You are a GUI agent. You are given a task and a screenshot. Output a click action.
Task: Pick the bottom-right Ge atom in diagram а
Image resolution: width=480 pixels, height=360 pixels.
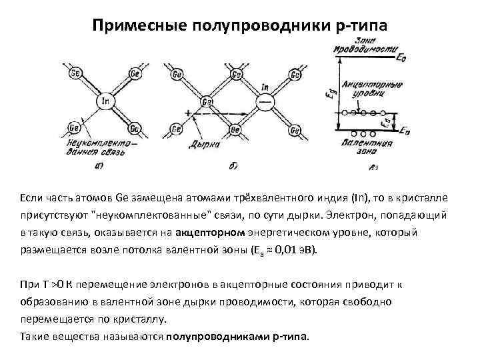click(x=135, y=128)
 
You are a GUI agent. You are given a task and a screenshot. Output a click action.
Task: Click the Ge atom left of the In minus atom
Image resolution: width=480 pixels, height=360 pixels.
click(x=207, y=102)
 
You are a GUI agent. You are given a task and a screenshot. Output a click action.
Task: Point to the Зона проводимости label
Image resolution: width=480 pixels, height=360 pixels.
click(x=365, y=49)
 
